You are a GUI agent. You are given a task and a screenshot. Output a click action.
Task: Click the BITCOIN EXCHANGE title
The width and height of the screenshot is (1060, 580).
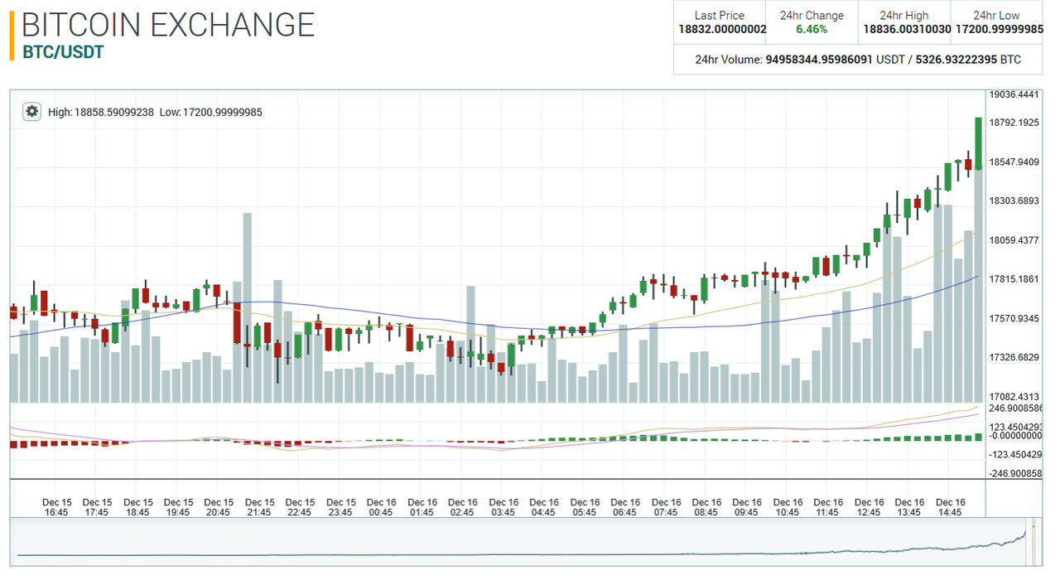(x=168, y=25)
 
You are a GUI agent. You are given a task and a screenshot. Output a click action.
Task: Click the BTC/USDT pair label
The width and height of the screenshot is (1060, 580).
(x=63, y=51)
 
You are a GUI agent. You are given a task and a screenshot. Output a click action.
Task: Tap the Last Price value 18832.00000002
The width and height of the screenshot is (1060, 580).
(x=722, y=29)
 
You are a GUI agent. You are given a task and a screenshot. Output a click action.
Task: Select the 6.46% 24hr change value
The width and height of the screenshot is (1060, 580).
(x=812, y=29)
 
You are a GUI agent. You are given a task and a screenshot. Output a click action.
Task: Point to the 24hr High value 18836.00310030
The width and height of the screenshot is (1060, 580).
(x=904, y=29)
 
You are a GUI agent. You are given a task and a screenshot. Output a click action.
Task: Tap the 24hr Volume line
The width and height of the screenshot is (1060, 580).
(x=858, y=60)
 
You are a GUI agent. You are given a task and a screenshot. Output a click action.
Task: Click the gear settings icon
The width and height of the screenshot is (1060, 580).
(x=31, y=111)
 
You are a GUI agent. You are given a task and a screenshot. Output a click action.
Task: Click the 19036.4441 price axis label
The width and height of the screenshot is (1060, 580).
(x=1014, y=94)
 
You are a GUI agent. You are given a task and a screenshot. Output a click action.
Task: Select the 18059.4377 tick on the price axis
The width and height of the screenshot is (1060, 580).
(x=1014, y=240)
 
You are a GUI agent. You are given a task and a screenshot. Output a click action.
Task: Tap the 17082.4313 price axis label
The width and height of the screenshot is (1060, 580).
(x=1014, y=397)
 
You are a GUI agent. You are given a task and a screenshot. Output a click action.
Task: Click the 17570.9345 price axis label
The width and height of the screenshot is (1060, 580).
(x=1014, y=318)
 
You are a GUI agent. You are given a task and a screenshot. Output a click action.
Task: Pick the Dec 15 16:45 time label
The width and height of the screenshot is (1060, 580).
(x=57, y=507)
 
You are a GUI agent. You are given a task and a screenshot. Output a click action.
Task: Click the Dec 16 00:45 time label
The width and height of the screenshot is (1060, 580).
(x=382, y=507)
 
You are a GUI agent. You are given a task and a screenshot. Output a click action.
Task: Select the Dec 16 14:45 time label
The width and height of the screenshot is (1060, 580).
(x=950, y=507)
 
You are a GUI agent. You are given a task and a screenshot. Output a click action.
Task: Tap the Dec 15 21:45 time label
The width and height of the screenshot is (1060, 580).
(x=260, y=507)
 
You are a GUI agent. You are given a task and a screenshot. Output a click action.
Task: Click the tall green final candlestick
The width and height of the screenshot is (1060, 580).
(x=978, y=143)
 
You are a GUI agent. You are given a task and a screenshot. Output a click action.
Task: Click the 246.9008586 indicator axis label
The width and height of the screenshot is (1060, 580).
(x=1016, y=408)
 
